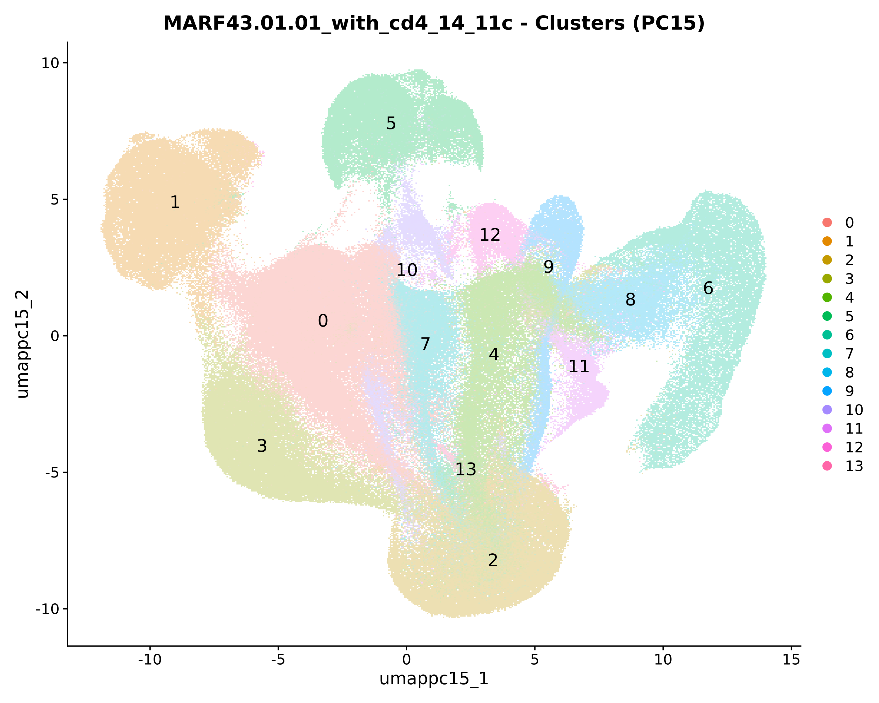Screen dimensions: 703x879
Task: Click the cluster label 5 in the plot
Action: pos(391,123)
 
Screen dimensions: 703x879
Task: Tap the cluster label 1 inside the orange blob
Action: pos(175,202)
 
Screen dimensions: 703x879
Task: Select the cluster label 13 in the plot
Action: pos(466,470)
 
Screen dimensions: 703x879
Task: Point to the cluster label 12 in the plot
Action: pos(490,235)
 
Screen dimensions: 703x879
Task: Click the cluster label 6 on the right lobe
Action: pos(708,288)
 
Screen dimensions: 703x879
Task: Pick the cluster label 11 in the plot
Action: pos(578,366)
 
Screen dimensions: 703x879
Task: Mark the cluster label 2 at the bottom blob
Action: pos(493,560)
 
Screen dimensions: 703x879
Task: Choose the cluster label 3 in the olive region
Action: pos(262,446)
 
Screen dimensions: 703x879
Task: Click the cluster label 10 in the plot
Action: pos(406,270)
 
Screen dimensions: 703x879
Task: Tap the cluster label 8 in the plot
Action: pos(630,300)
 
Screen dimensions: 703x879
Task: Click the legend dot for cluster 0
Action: pos(827,223)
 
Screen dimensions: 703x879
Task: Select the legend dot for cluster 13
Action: pos(827,466)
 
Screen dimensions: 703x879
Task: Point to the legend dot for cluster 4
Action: pos(827,298)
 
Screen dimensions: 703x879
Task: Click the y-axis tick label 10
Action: pos(50,63)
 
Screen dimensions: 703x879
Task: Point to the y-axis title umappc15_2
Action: pos(23,344)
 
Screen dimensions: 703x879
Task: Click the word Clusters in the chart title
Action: pos(579,23)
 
